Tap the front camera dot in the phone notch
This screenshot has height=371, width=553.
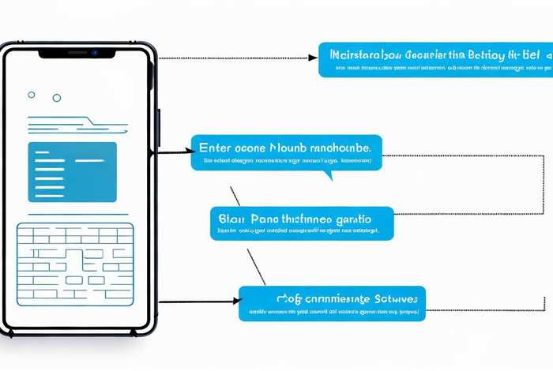93,53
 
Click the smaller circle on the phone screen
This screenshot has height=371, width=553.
32,94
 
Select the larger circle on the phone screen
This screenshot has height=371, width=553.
56,98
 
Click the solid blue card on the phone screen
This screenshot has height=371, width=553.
72,171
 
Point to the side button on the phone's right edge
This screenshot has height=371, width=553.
159,127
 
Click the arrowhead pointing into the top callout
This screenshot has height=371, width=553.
313,58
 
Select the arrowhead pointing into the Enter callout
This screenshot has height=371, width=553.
186,150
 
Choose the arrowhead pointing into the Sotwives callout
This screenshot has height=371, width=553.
234,301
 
